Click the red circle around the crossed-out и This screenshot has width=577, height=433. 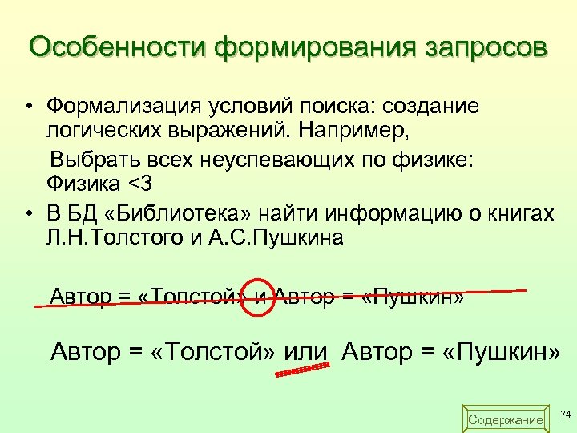click(258, 297)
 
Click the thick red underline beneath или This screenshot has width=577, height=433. click(303, 370)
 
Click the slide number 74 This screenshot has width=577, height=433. click(565, 414)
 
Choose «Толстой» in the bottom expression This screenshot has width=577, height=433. click(204, 350)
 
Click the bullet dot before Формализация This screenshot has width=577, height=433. click(28, 107)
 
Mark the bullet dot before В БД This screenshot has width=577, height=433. click(28, 214)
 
